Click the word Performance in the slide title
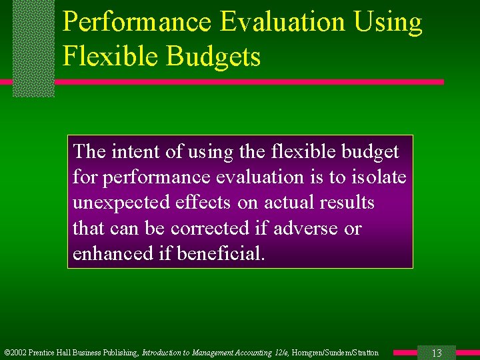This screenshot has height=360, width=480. point(137,23)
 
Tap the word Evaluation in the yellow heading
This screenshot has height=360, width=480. point(283,23)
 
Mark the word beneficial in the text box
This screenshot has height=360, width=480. point(221,254)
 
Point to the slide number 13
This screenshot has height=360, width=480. point(437,353)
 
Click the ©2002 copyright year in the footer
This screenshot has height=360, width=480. point(16,353)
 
